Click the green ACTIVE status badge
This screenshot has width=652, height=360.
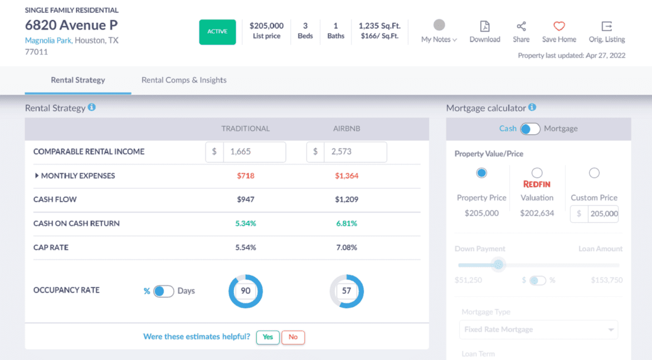coord(217,32)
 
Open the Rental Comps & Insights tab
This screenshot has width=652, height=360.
coord(184,80)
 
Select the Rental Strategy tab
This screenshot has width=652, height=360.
coord(78,80)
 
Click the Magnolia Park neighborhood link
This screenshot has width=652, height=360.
coord(48,40)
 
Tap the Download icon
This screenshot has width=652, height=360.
coord(485,27)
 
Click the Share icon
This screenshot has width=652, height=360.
coord(521,27)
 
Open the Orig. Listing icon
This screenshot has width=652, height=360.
coord(607,27)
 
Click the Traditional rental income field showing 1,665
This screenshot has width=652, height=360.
coord(254,152)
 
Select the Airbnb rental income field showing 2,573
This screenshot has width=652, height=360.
coord(354,152)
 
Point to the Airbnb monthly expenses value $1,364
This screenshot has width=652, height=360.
coord(347,176)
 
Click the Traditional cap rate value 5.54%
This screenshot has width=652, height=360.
coord(245,247)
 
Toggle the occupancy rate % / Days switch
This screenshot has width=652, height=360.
coord(164,291)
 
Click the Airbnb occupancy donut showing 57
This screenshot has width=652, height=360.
coord(347,291)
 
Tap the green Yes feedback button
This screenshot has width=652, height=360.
coord(267,337)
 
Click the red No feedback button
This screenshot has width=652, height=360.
coord(293,337)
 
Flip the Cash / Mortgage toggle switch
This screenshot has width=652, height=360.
coord(530,129)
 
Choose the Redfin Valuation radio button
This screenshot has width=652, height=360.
coord(537,173)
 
